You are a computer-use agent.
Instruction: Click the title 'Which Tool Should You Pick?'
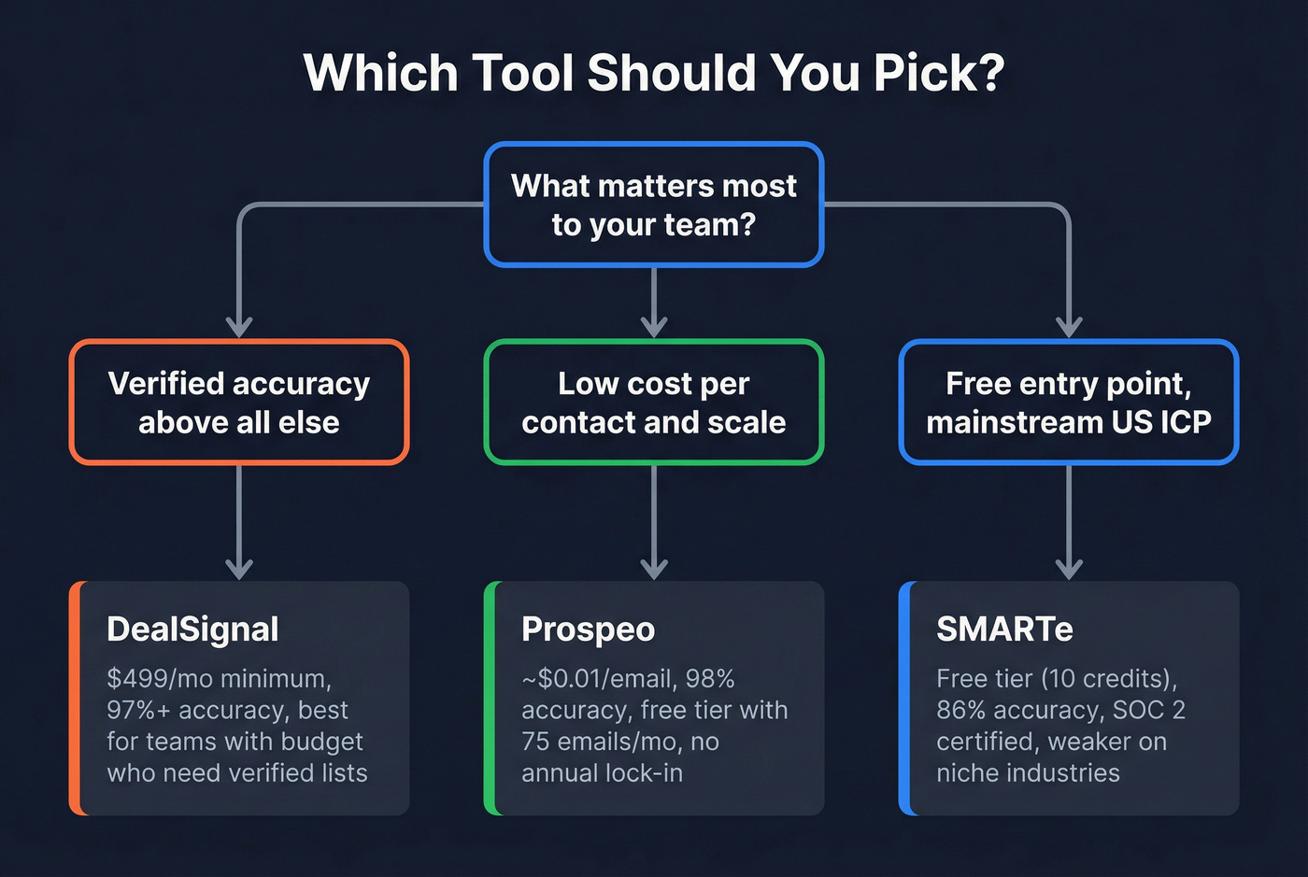point(654,73)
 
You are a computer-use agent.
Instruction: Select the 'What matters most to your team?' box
point(654,205)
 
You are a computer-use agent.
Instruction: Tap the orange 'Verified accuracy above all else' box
point(239,403)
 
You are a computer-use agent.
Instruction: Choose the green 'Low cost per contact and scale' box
point(654,403)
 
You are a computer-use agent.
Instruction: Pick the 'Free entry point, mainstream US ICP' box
point(1069,403)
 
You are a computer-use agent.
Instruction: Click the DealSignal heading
point(192,629)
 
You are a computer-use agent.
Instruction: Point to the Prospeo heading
point(588,629)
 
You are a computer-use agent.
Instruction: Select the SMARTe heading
point(1004,629)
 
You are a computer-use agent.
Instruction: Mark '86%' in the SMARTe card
point(961,710)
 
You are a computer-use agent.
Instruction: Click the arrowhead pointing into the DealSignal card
point(239,568)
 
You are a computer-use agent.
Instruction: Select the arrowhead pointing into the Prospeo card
point(654,568)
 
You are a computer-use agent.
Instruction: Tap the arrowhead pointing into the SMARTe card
point(1069,568)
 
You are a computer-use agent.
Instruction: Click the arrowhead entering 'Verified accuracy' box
point(239,326)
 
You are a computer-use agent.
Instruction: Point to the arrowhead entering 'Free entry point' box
point(1069,326)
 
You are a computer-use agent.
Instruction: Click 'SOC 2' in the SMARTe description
point(1148,710)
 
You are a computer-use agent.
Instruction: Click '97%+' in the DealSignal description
point(138,710)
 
